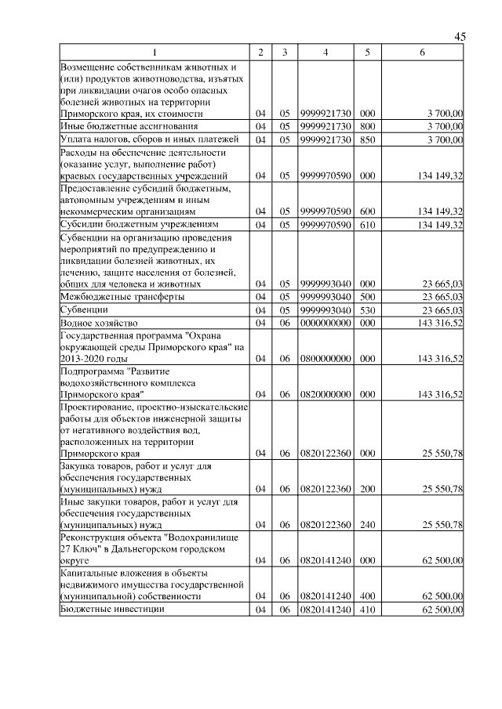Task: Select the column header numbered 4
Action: point(326,52)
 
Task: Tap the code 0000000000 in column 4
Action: point(326,323)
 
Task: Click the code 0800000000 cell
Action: point(326,358)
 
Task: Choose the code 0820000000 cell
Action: point(326,394)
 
